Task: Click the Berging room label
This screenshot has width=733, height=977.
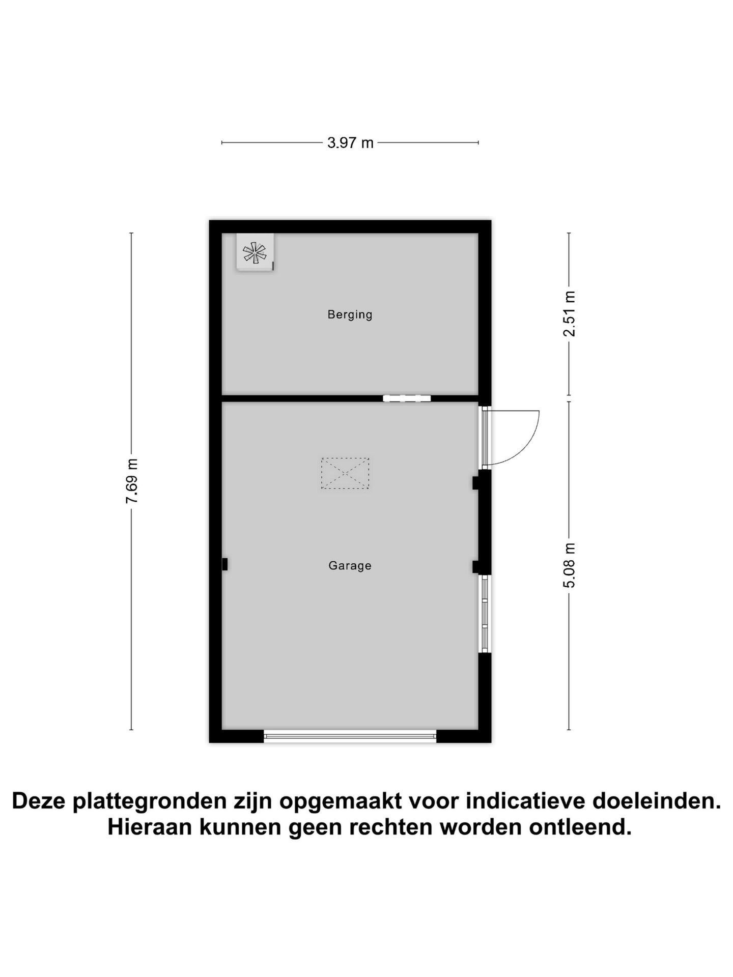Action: pyautogui.click(x=350, y=314)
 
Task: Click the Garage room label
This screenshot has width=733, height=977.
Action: pyautogui.click(x=350, y=565)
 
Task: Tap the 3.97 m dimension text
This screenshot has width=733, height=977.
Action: pyautogui.click(x=350, y=143)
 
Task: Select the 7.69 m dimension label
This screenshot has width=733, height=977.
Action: pyautogui.click(x=132, y=481)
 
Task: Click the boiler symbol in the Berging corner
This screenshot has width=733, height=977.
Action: pyautogui.click(x=255, y=252)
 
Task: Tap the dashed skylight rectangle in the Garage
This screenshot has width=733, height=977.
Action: pyautogui.click(x=345, y=473)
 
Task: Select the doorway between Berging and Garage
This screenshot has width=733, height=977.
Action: pyautogui.click(x=407, y=398)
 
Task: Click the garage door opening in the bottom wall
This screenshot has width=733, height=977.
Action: pyautogui.click(x=350, y=735)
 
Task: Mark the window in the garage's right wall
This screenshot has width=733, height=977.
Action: pyautogui.click(x=485, y=614)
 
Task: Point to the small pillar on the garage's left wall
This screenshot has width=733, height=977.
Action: pyautogui.click(x=224, y=564)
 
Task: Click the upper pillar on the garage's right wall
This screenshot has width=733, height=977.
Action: pyautogui.click(x=476, y=482)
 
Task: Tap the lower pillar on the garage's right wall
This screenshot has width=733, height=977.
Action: pyautogui.click(x=476, y=566)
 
